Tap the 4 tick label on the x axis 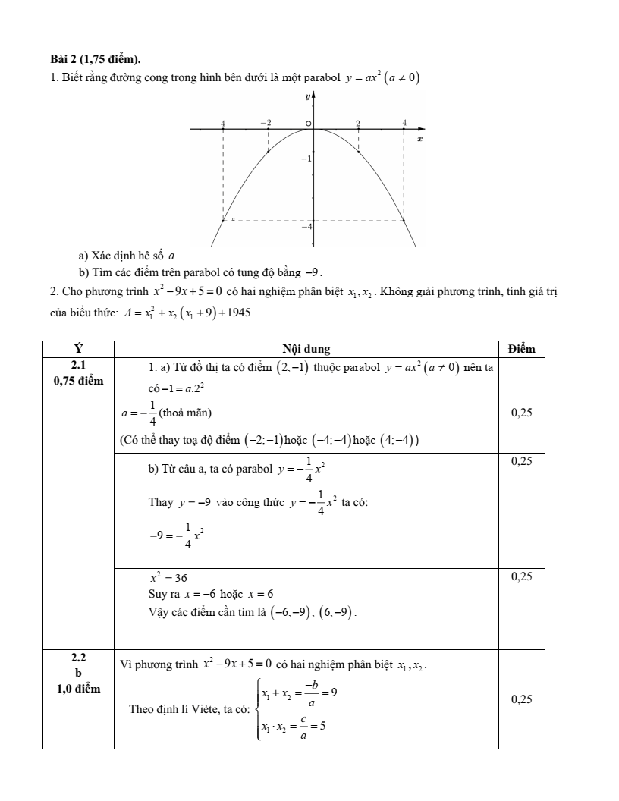404,122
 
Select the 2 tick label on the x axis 358,122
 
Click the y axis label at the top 307,97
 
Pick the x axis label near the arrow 419,140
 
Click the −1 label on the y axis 305,159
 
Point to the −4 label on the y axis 306,227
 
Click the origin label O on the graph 307,123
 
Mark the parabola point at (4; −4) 404,221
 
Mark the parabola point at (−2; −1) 268,152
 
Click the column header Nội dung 306,349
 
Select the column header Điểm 521,349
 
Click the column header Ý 78,349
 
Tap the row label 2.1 78,365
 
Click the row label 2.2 78,658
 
